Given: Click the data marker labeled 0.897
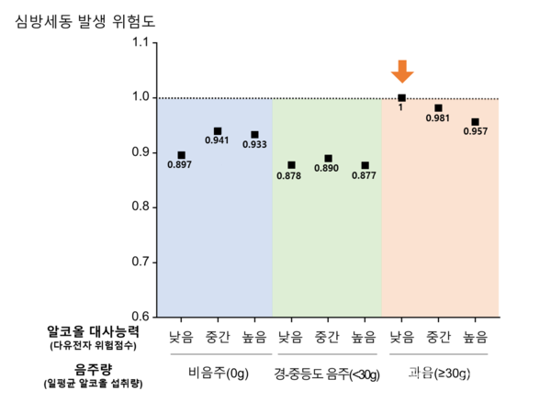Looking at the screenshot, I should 181,155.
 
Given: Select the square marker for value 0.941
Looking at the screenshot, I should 218,131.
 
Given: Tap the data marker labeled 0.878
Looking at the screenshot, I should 291,165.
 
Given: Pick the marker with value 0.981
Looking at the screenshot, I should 438,108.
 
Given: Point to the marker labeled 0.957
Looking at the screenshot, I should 475,122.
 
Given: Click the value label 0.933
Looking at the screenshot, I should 254,145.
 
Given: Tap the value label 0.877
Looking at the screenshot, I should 365,175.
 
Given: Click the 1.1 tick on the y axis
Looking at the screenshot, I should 140,43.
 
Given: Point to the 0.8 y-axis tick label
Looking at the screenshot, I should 140,207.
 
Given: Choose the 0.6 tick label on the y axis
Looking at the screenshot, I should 140,317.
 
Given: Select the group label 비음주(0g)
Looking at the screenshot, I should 218,374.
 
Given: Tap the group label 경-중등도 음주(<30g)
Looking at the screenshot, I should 327,374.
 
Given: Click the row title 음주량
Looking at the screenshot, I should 93,368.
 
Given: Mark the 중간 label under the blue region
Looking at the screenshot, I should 218,336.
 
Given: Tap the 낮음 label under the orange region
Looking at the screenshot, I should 401,336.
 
